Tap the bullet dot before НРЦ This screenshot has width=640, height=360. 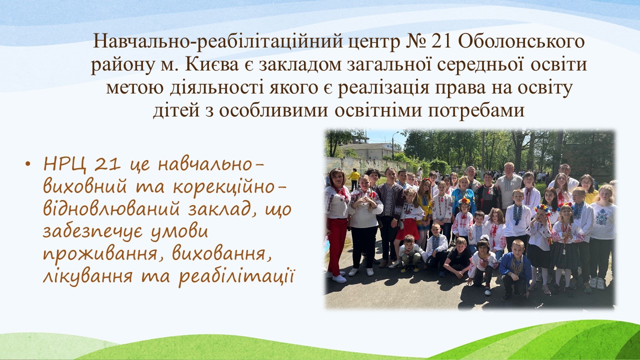click(x=27, y=164)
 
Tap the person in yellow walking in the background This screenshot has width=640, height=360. click(x=354, y=178)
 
